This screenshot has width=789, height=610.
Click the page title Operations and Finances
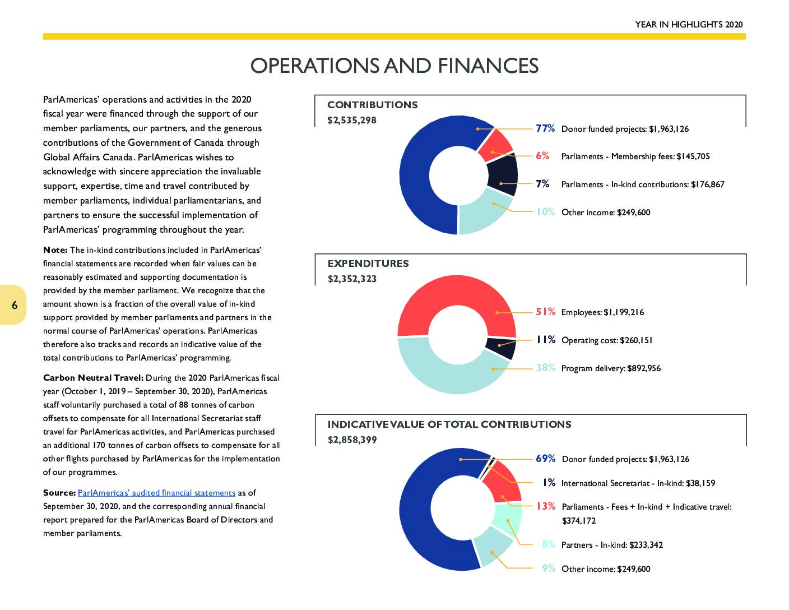tap(394, 66)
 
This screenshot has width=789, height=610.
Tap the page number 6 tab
tap(13, 305)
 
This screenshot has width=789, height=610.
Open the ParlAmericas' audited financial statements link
tap(156, 493)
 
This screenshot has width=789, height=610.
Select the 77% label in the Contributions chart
tap(545, 128)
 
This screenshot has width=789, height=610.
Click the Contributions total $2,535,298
tap(351, 120)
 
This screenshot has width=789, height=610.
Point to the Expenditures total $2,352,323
tap(352, 279)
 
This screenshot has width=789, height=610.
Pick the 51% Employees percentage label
tap(545, 312)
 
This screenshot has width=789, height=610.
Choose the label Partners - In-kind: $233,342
tap(612, 544)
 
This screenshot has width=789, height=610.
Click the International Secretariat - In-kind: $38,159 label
tap(638, 483)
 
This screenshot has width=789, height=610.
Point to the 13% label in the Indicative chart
tap(546, 506)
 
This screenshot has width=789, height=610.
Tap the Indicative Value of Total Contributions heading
tap(449, 424)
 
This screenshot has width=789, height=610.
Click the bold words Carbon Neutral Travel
tap(94, 378)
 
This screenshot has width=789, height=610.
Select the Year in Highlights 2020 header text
tap(689, 24)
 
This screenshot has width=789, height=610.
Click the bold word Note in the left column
tap(55, 250)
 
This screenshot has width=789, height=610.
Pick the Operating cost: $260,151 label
tap(607, 340)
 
